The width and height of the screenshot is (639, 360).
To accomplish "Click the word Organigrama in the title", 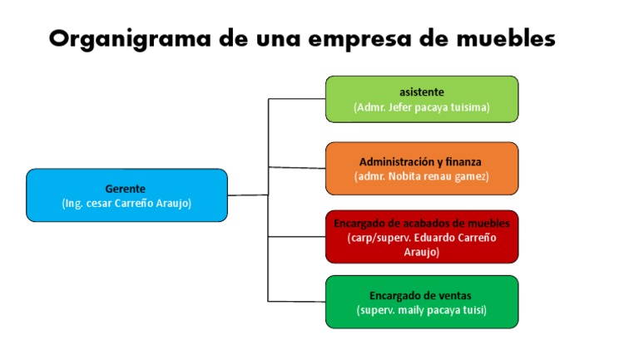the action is pos(130,40).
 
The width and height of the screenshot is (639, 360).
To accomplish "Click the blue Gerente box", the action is pos(126,195).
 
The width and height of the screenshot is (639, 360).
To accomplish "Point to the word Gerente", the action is pos(125,189).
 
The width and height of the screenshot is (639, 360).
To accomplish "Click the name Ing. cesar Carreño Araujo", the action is pos(126,203).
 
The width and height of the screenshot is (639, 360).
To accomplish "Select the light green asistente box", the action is pos(422,99).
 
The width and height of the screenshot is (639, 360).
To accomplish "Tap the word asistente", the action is pos(422,92).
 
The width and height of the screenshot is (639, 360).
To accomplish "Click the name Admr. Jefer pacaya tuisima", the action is pos(422,107).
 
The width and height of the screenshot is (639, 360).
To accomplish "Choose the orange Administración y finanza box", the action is pos(422,168).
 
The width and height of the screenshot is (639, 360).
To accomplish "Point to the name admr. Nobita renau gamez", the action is pos(422,177).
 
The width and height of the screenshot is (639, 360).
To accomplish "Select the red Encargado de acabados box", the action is pos(422,237).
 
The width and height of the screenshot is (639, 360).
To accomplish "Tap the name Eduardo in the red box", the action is pos(435,238).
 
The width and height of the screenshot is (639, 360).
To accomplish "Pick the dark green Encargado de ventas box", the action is pos(422,302).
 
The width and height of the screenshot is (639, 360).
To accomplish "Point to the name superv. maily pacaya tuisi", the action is pos(422,310).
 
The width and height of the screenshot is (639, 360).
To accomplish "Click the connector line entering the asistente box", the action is pos(297,99).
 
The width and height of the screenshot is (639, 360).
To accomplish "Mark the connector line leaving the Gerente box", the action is pos(248,195).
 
